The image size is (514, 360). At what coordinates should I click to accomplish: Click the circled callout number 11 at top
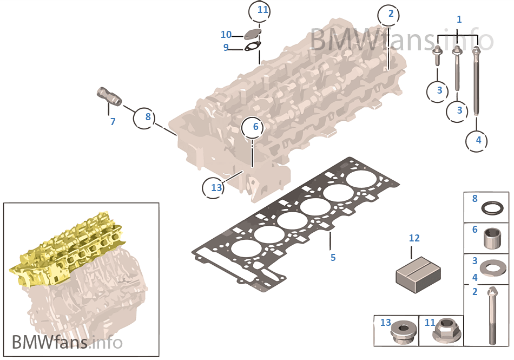tap(259, 12)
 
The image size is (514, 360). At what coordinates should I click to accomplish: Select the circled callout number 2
tap(389, 15)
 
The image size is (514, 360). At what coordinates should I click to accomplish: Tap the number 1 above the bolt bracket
tap(459, 19)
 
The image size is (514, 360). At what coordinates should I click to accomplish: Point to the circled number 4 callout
tap(477, 141)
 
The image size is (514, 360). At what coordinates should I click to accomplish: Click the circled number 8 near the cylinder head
tap(144, 117)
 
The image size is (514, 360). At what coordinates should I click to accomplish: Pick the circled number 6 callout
tap(252, 128)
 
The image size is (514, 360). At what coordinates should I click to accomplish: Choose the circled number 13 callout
tap(213, 187)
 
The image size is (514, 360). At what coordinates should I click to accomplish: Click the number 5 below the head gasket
tap(333, 258)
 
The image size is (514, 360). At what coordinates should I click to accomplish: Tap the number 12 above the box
tap(414, 238)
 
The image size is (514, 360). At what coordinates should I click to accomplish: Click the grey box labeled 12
tap(418, 275)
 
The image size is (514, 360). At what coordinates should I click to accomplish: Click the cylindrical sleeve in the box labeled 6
tap(492, 239)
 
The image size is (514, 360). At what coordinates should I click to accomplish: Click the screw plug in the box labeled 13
tap(403, 332)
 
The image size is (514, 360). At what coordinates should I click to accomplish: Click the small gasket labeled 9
tap(252, 47)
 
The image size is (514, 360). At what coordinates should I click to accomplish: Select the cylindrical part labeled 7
tap(109, 96)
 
